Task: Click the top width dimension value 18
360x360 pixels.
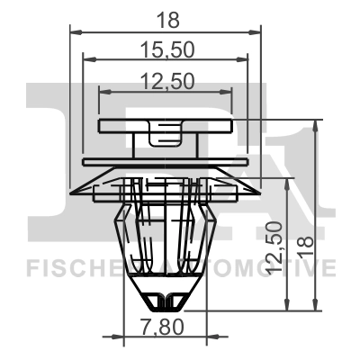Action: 166,18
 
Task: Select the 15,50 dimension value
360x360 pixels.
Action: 166,47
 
